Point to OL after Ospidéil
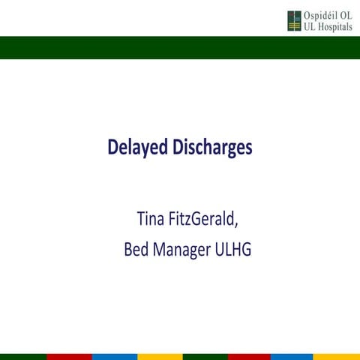pyautogui.click(x=344, y=16)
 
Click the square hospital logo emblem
pyautogui.click(x=293, y=21)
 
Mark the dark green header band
pyautogui.click(x=180, y=46)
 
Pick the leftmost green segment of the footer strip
pyautogui.click(x=22, y=356)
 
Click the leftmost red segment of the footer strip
pyautogui.click(x=67, y=356)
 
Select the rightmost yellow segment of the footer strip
pyautogui.click(x=337, y=356)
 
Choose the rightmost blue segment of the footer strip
pyautogui.click(x=292, y=356)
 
